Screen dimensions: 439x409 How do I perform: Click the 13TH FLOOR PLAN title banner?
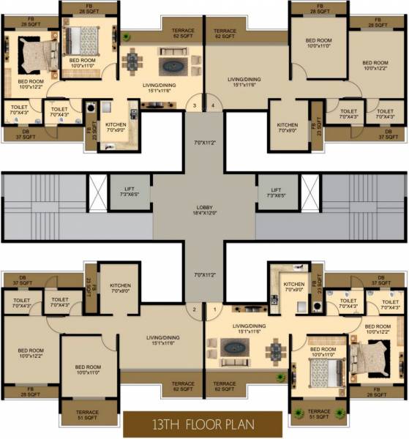tap(202, 424)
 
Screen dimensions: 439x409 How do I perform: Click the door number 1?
tap(214, 310)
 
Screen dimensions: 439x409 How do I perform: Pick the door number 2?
tap(194, 310)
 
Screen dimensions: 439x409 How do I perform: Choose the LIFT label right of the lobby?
tap(277, 193)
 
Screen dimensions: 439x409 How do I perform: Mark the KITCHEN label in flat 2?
tap(120, 288)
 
